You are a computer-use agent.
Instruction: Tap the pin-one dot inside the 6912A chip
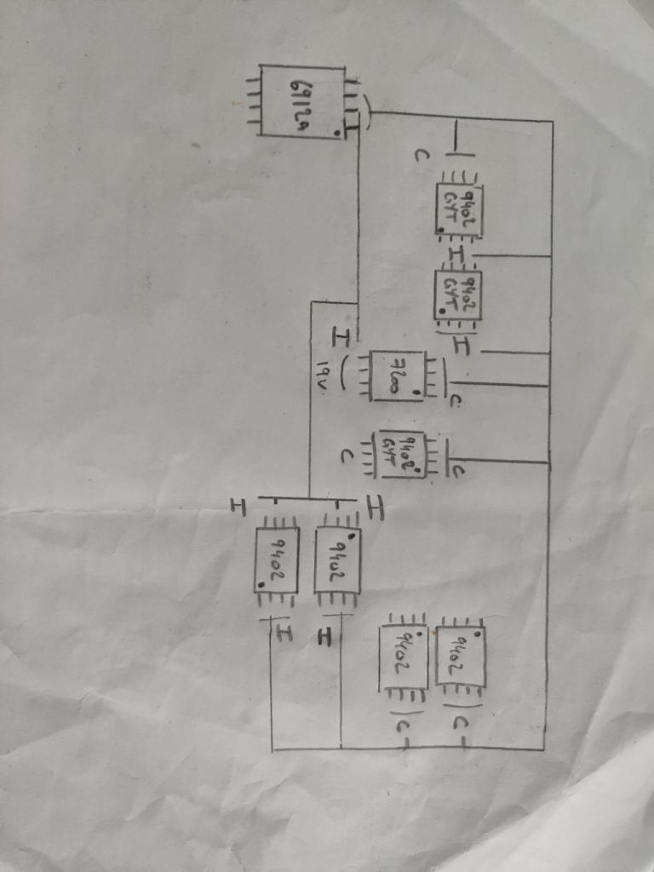[338, 133]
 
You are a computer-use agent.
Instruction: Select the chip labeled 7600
[398, 376]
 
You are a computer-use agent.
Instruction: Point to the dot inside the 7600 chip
[415, 392]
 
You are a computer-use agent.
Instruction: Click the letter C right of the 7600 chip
[457, 401]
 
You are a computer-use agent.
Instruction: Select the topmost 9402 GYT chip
[459, 207]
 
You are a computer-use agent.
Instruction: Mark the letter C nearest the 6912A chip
[421, 157]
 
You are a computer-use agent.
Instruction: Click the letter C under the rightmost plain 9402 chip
[459, 725]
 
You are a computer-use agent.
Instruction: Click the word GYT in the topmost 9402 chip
[450, 207]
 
